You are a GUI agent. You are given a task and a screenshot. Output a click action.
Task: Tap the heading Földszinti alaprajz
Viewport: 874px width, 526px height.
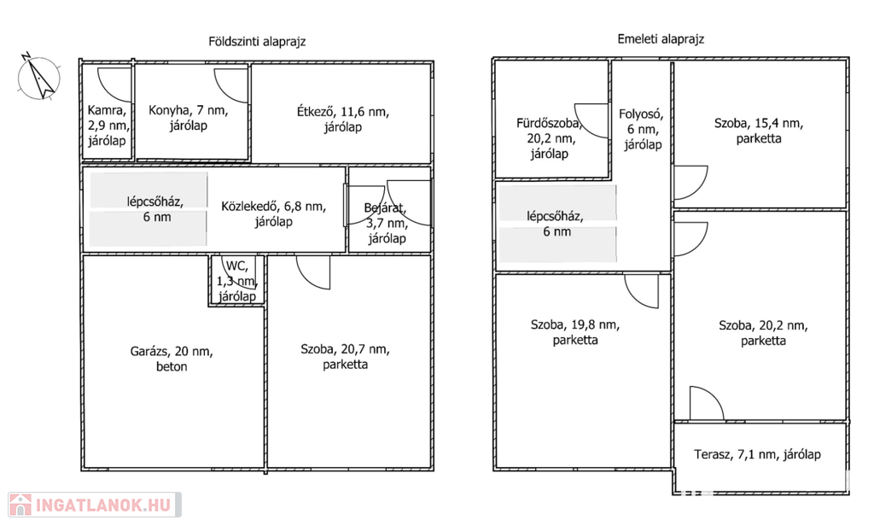[257, 41]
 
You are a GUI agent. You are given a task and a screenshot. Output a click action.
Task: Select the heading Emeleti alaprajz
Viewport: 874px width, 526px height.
[661, 39]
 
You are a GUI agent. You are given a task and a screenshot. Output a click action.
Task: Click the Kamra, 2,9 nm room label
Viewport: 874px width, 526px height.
[108, 125]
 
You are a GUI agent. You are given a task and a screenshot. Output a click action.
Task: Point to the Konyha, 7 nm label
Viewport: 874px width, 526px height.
[188, 118]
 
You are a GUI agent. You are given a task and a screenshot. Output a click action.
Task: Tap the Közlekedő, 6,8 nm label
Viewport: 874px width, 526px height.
[273, 213]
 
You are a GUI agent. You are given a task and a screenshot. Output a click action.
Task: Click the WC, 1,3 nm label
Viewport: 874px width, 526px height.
[236, 281]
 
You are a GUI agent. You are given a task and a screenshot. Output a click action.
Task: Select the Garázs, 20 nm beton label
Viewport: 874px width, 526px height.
[172, 359]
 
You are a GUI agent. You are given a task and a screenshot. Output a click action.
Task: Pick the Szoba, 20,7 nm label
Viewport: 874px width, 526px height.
[345, 356]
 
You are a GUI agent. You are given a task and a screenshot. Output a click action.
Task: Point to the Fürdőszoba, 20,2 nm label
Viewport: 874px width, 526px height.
[549, 137]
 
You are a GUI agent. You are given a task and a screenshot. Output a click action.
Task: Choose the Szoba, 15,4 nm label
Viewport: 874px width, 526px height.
[759, 131]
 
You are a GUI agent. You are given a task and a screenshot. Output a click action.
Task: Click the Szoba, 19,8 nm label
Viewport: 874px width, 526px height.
[574, 332]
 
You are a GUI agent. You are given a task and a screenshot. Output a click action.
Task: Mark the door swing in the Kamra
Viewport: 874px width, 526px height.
[115, 83]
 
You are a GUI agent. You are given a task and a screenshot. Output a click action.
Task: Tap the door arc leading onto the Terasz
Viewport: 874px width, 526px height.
[705, 403]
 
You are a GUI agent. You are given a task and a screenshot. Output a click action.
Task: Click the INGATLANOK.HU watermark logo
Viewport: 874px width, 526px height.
[92, 504]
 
